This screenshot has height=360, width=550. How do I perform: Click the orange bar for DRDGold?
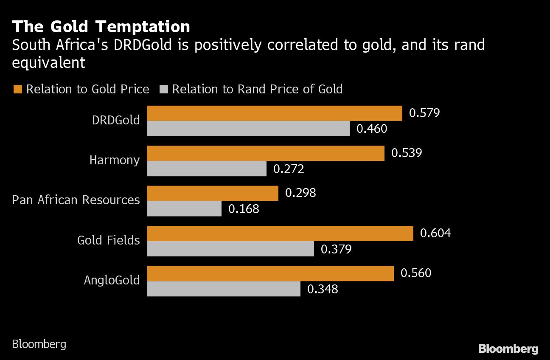[274, 113]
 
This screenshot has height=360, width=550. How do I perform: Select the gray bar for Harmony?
[207, 169]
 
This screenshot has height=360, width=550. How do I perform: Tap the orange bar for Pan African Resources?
[212, 193]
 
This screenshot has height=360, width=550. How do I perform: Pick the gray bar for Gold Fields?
[230, 249]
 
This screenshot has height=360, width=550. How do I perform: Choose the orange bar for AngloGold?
[270, 273]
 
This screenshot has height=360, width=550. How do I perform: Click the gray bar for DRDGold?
[248, 129]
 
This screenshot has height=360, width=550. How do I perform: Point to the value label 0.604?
[435, 233]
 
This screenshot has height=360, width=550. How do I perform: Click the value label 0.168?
[244, 209]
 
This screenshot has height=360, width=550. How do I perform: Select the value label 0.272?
[289, 169]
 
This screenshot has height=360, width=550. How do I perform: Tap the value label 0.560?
[416, 273]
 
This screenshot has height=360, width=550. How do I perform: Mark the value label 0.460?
[372, 129]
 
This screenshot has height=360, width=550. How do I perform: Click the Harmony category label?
[115, 160]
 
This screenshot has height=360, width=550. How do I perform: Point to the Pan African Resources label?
[76, 200]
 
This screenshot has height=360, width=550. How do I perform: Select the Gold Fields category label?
[109, 240]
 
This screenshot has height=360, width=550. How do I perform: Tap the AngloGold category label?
[112, 280]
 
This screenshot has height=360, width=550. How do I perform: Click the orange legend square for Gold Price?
[17, 89]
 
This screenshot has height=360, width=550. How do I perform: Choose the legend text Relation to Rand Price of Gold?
[257, 89]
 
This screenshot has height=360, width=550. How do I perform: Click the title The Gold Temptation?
[101, 27]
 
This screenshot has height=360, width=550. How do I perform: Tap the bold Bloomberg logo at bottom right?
[508, 349]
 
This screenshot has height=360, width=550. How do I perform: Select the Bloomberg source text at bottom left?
[39, 343]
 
